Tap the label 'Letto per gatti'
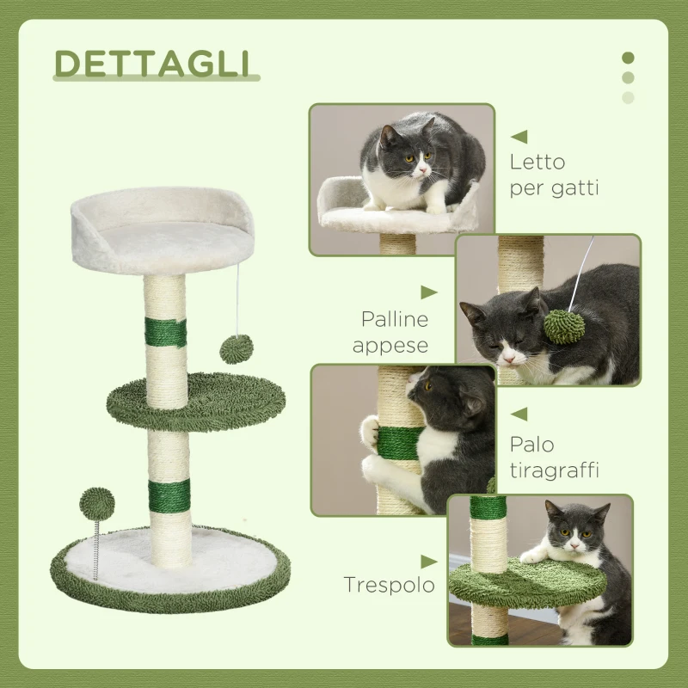point(554,175)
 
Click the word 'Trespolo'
point(389,585)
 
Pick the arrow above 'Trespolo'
point(428,558)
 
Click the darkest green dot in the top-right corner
point(628,58)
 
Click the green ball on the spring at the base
point(96,503)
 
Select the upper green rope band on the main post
point(165,333)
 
